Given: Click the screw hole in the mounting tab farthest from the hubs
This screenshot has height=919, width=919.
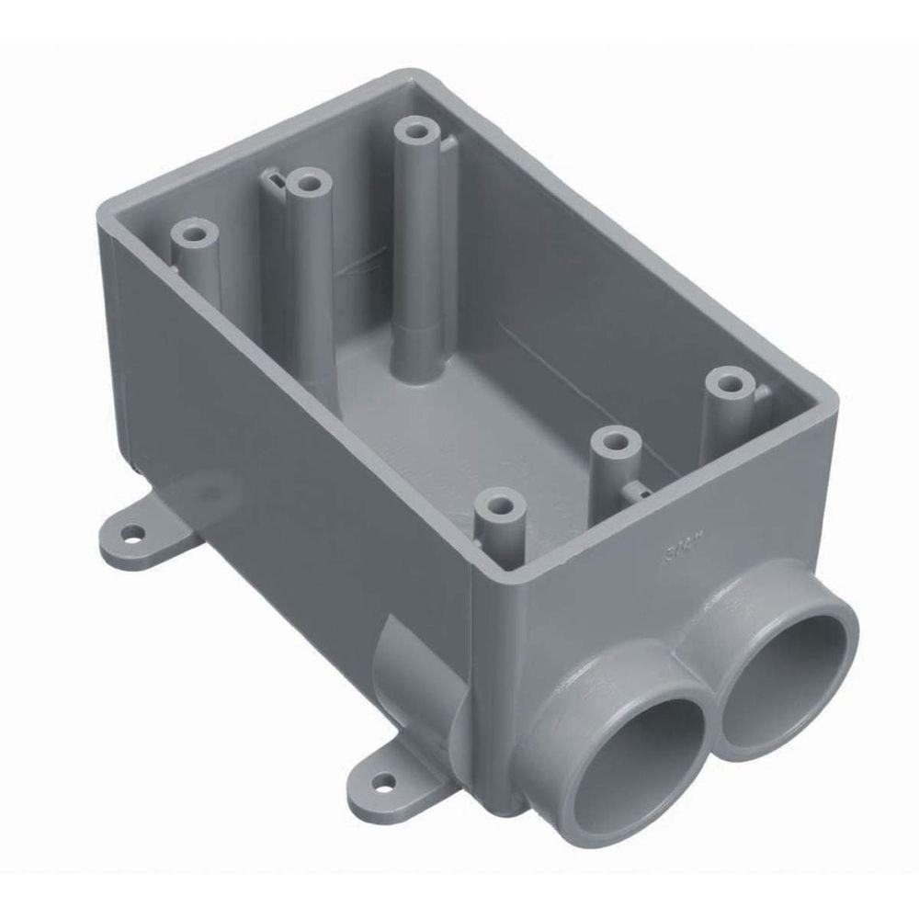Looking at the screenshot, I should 134,531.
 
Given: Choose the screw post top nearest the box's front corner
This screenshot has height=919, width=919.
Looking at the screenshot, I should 501,505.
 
